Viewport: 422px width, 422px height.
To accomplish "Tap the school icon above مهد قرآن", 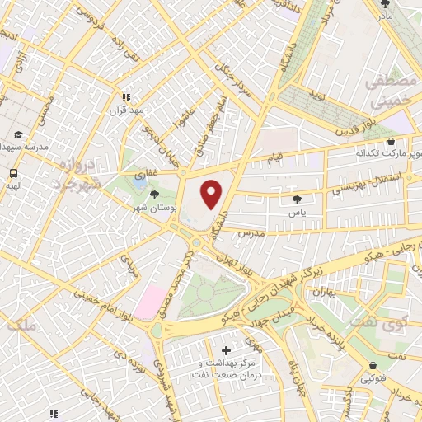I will [x=126, y=96].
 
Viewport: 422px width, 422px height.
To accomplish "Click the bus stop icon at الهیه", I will [x=13, y=174].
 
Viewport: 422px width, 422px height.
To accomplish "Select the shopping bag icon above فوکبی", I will [x=373, y=366].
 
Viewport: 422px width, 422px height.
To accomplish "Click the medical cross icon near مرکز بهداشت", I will [x=227, y=351].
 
